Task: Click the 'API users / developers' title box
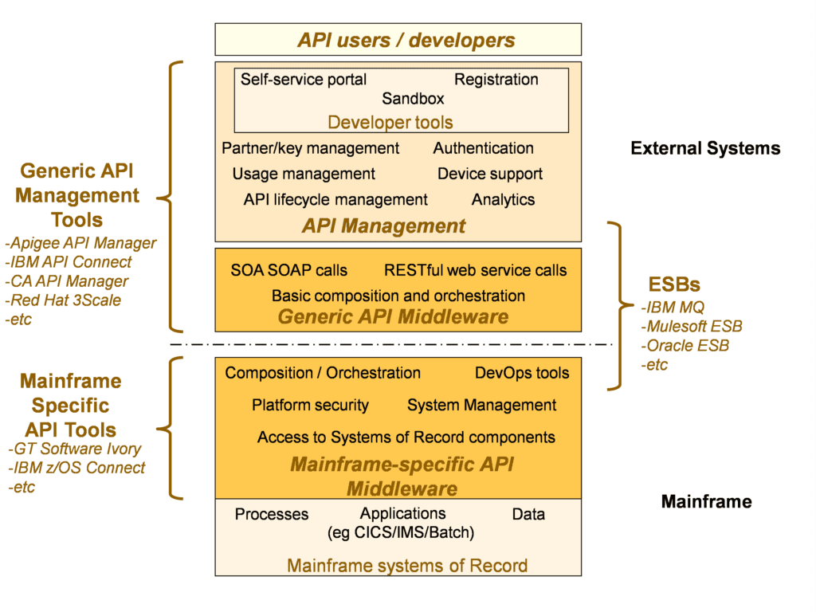coord(406,40)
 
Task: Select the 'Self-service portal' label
coord(304,80)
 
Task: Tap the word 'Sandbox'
coord(413,99)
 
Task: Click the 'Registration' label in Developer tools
coord(496,80)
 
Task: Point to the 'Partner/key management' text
coord(310,148)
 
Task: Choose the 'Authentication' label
coord(483,148)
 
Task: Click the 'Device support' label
coord(489,174)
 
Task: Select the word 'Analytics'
coord(503,200)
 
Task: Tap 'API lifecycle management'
coord(335,200)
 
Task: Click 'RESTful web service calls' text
coord(475,270)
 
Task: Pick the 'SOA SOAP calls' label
coord(288,270)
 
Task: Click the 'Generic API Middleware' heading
coord(393,317)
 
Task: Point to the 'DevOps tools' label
coord(522,373)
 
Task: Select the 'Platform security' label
coord(310,405)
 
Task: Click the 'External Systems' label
coord(705,148)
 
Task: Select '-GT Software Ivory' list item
coord(74,449)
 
